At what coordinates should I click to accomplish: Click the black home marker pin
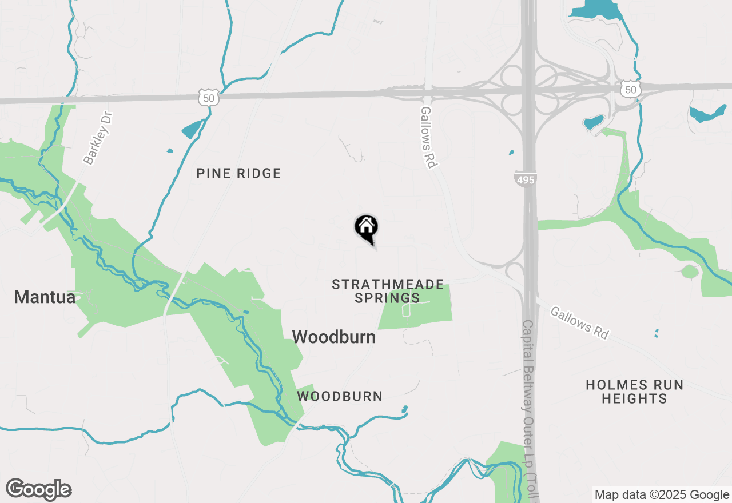pyautogui.click(x=366, y=227)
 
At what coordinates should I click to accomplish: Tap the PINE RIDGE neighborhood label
pyautogui.click(x=238, y=173)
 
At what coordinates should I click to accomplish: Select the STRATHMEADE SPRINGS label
pyautogui.click(x=388, y=291)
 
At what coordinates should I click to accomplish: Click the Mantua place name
pyautogui.click(x=45, y=297)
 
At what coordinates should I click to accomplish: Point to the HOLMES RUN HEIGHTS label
pyautogui.click(x=634, y=392)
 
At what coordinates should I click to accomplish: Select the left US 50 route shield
pyautogui.click(x=209, y=97)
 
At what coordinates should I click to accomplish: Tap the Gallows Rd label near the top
pyautogui.click(x=428, y=137)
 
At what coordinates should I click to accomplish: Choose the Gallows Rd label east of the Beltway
pyautogui.click(x=579, y=322)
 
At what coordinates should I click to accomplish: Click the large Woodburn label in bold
pyautogui.click(x=334, y=337)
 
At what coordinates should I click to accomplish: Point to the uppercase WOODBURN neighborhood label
pyautogui.click(x=340, y=396)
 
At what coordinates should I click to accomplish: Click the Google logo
pyautogui.click(x=39, y=489)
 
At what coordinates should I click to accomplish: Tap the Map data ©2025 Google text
pyautogui.click(x=661, y=495)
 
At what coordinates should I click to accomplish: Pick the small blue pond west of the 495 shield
pyautogui.click(x=511, y=153)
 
